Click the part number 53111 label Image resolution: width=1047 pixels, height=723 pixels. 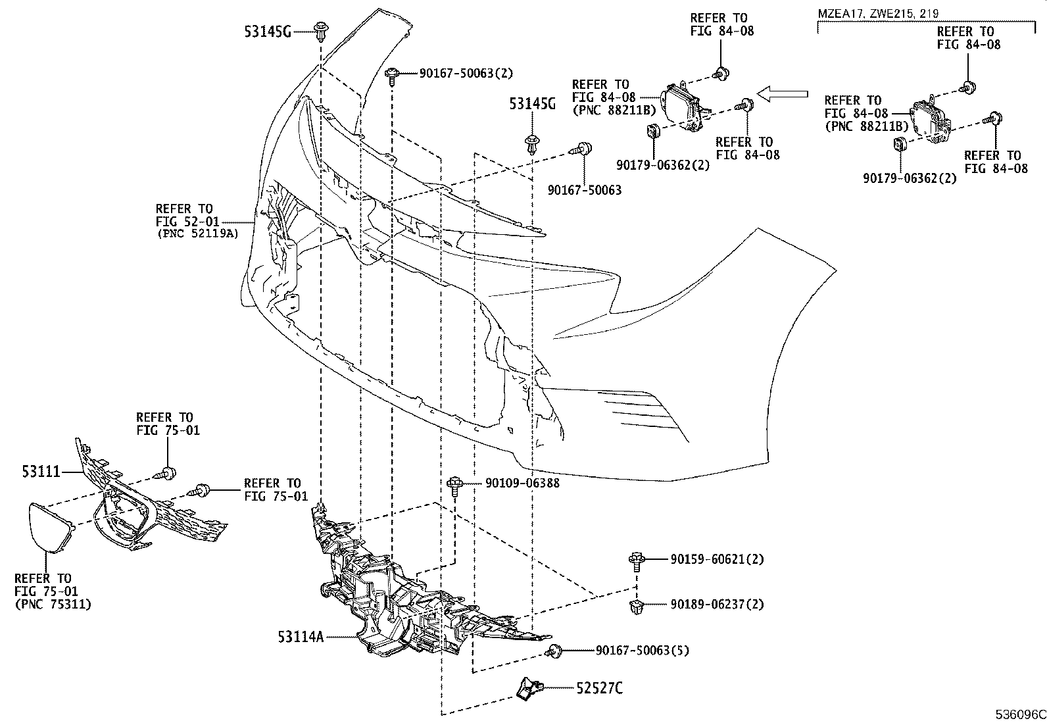tap(41, 472)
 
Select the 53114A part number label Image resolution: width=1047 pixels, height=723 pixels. tap(301, 636)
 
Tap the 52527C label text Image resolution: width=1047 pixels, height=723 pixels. tap(600, 688)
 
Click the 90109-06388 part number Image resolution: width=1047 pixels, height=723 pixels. tap(522, 483)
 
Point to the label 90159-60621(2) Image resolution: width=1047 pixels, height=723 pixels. tap(717, 559)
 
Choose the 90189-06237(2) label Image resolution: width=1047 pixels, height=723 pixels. tap(717, 604)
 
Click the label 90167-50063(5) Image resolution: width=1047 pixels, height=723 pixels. tap(643, 650)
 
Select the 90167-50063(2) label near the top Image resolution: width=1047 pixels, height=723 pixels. tap(466, 73)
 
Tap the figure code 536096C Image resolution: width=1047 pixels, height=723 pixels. tap(1020, 714)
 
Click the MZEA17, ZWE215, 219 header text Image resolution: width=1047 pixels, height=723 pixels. tap(878, 13)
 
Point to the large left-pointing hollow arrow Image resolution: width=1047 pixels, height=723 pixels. tap(783, 94)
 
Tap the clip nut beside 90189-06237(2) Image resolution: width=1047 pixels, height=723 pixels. tap(637, 607)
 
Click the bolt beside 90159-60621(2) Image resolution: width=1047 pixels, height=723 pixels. tap(637, 562)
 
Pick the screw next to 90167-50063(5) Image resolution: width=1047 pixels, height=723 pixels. tap(554, 651)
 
